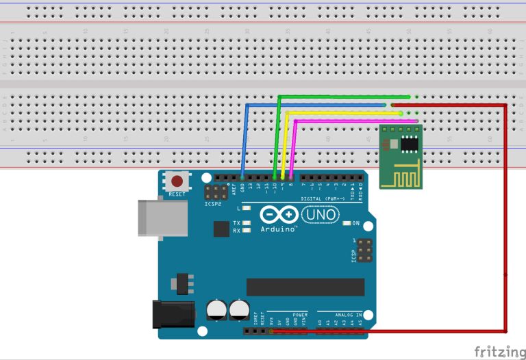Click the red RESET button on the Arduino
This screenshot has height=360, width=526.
point(177,182)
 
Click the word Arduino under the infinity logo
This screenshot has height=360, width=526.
point(278,229)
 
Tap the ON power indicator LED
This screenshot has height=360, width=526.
point(345,223)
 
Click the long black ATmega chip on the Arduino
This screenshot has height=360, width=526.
point(305,287)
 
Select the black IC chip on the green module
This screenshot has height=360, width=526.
point(410,144)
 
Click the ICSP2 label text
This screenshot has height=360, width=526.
point(212,204)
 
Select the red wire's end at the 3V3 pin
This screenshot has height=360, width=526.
point(272,331)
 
